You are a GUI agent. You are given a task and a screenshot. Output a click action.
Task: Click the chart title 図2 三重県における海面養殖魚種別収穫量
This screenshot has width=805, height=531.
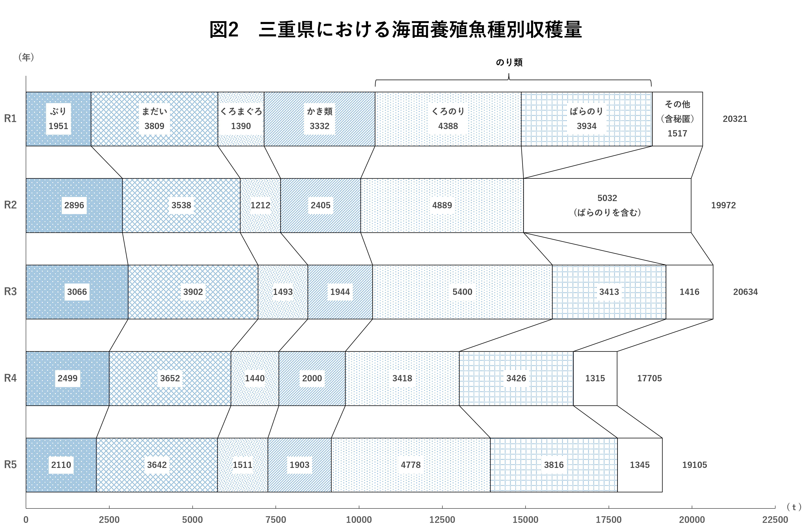click(395, 29)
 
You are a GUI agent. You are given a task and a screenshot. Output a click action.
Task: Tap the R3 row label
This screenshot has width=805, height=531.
click(10, 292)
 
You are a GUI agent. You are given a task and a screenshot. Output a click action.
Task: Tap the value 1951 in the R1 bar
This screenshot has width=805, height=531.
click(58, 126)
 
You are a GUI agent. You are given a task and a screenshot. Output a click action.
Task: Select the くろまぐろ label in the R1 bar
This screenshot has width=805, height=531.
click(241, 111)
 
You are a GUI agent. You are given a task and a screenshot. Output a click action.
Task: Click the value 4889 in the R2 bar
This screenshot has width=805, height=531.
click(442, 205)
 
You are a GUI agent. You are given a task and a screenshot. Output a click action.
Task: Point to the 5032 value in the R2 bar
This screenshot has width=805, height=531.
click(607, 198)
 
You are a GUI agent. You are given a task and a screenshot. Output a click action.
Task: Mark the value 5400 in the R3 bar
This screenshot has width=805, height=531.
click(462, 292)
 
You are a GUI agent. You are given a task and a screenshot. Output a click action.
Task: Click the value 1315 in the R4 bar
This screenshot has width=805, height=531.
click(595, 378)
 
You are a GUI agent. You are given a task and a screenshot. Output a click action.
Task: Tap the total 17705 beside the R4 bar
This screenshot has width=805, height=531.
click(649, 378)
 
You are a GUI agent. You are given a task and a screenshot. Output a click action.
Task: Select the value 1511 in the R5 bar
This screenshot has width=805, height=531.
click(242, 465)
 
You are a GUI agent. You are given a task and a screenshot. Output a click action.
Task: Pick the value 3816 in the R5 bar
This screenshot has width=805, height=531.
click(554, 465)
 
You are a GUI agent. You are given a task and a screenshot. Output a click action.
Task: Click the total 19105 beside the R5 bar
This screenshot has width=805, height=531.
click(694, 465)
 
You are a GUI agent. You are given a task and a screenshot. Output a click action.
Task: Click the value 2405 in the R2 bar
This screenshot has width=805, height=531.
click(320, 205)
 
